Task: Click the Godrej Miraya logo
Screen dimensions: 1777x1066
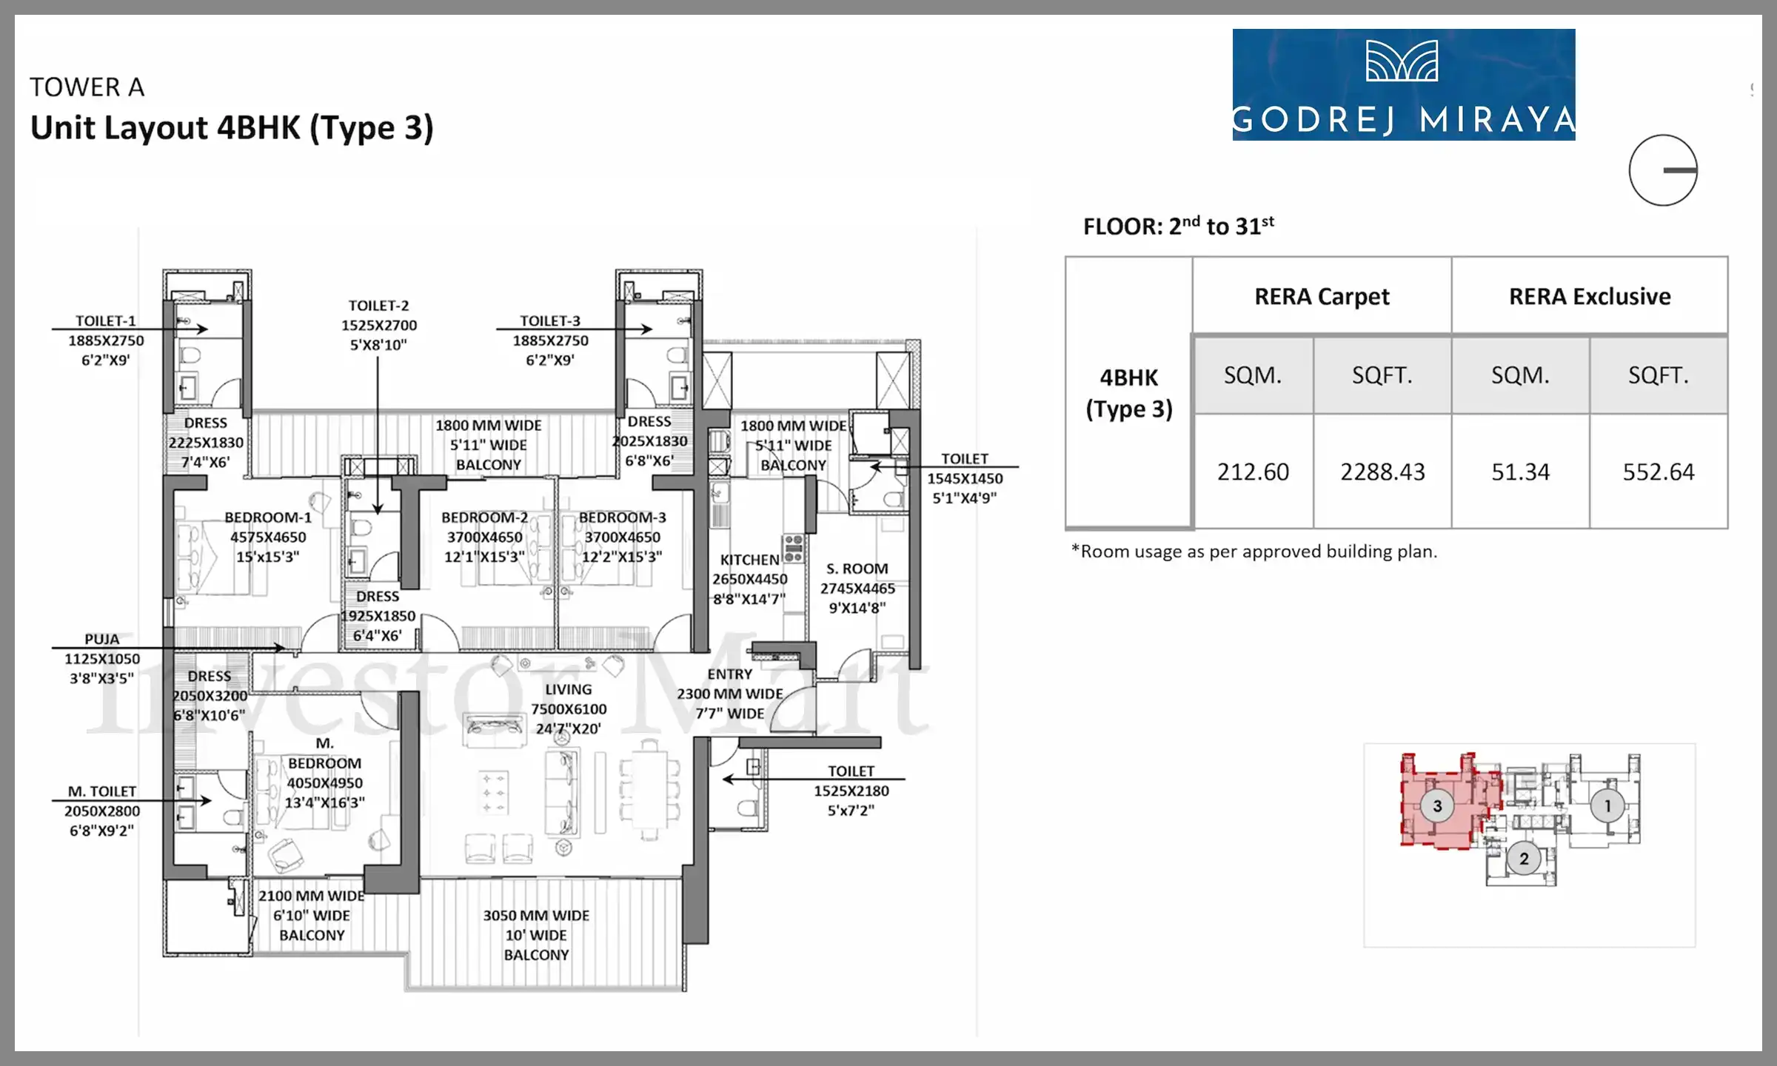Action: [1404, 84]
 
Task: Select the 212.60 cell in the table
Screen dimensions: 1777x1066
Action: [1254, 472]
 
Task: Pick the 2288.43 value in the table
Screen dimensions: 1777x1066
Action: [1382, 472]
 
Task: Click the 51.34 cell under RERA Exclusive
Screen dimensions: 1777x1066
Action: [1520, 472]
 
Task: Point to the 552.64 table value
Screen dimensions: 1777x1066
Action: [1659, 472]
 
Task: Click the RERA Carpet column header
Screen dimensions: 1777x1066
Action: [1322, 297]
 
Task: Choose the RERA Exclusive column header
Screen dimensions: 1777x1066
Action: [1590, 297]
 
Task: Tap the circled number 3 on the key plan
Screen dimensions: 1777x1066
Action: [1437, 805]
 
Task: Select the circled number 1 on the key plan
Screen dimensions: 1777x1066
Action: [1607, 805]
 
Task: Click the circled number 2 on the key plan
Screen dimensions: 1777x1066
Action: [1524, 859]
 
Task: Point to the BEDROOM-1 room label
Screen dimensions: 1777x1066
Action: [268, 517]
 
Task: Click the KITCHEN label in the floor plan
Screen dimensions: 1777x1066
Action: [749, 560]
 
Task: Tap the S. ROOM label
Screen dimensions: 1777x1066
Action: [857, 569]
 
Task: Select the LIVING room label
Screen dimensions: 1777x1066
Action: [569, 689]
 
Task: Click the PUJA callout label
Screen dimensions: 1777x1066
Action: [101, 639]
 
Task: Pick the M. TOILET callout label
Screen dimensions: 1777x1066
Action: [102, 791]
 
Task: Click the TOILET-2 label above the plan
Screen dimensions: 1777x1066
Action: [378, 306]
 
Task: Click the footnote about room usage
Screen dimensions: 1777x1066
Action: [1254, 552]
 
